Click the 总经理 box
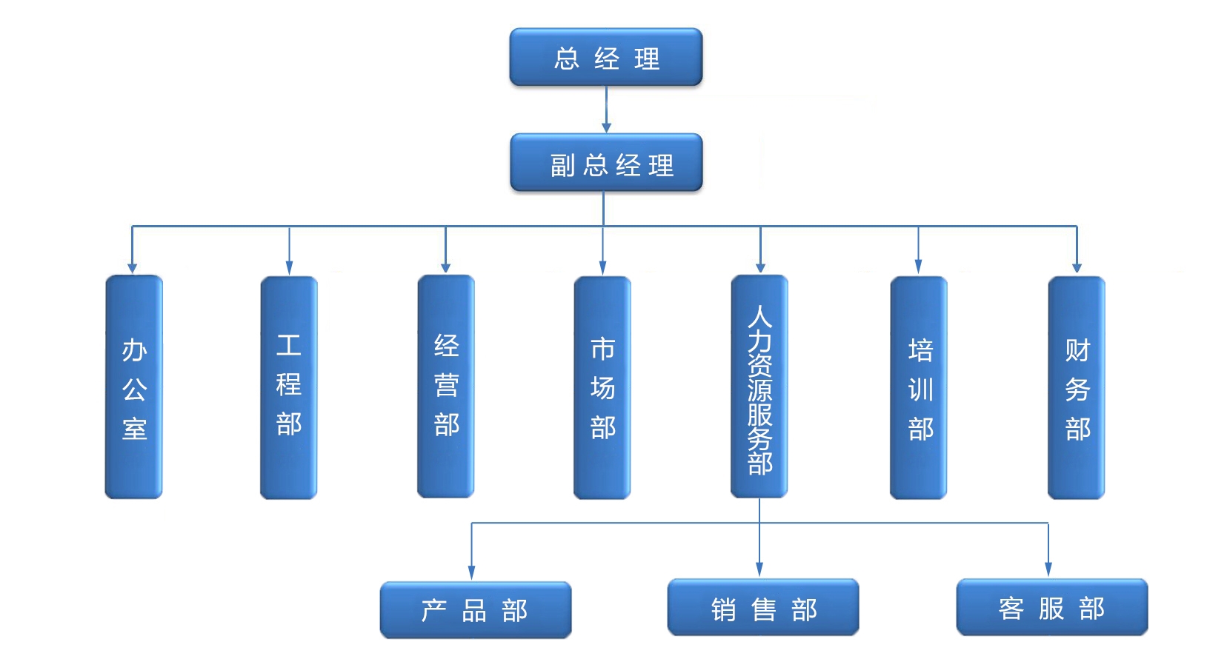[605, 58]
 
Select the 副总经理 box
[605, 163]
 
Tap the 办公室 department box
[133, 387]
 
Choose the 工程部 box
[289, 387]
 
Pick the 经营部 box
[445, 387]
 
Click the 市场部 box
[602, 387]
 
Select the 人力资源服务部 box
[759, 387]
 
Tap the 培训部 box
[919, 387]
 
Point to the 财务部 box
[1077, 387]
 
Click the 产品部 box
[476, 610]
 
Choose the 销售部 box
[763, 608]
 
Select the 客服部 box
[1052, 608]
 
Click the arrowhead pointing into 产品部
[471, 573]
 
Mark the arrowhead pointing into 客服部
[1048, 570]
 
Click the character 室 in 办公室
[134, 429]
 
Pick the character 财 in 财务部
[1077, 349]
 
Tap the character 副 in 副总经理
[562, 165]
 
